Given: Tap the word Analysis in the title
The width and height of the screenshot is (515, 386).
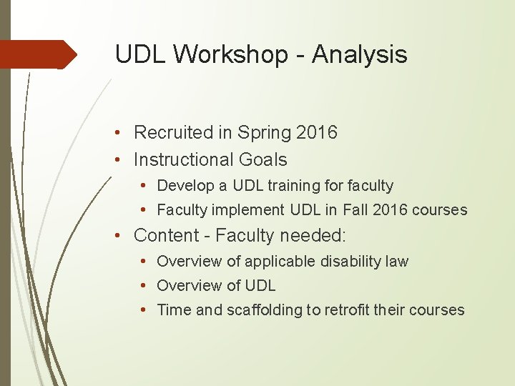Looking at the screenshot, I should tap(360, 54).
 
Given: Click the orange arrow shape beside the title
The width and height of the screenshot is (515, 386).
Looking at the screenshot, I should tap(39, 54).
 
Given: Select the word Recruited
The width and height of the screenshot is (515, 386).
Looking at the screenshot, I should tap(174, 133).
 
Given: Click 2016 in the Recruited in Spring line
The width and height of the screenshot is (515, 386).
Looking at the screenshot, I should tap(317, 133).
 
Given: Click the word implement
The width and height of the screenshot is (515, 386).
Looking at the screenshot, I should tap(253, 210).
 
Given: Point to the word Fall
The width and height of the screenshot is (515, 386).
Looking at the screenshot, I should tap(355, 210).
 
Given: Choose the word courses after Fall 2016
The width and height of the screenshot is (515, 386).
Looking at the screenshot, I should tap(442, 210).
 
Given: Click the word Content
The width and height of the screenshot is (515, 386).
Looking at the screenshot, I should tap(166, 235).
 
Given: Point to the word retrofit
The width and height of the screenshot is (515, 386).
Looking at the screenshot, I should tap(350, 310).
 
